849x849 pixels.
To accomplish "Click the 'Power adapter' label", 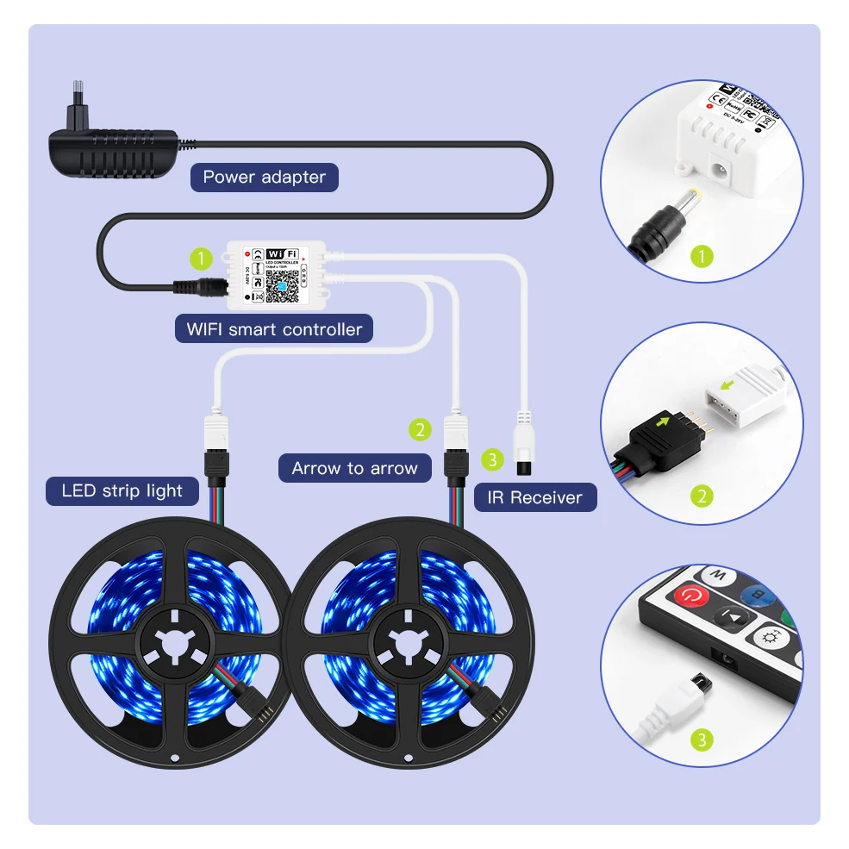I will (x=264, y=178).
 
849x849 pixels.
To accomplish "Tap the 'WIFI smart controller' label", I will (x=274, y=328).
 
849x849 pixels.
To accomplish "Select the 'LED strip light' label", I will (x=122, y=491).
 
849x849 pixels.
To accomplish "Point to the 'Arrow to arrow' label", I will (x=354, y=468).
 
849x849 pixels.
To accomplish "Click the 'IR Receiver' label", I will (x=534, y=497).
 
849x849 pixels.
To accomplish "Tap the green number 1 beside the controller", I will (x=201, y=258).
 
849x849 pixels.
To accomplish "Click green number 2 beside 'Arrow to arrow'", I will (x=420, y=428).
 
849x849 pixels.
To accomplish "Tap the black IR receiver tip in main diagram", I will (x=522, y=466).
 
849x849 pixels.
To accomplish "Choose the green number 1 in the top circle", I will (x=703, y=256).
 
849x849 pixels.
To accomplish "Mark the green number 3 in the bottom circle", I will (x=703, y=739).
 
